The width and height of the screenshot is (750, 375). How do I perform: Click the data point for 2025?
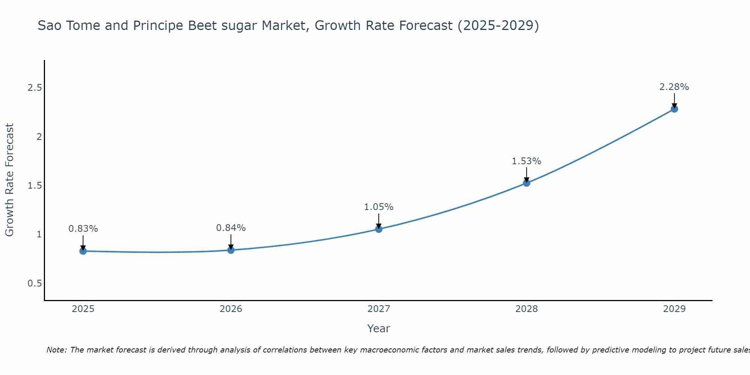coord(83,251)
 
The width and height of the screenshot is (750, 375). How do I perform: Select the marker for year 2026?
coord(231,250)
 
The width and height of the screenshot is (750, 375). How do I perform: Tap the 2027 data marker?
coord(379,229)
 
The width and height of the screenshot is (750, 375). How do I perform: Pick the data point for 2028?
coord(526,183)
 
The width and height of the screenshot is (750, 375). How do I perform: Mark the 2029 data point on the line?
coord(674,109)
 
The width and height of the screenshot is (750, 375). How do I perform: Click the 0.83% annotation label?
coord(83,228)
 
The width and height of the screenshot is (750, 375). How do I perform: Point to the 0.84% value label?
coord(231,228)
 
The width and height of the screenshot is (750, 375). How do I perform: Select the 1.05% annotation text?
coord(379,207)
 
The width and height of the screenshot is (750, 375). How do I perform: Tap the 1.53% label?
coord(526,161)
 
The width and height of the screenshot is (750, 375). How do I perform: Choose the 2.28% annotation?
coord(674,87)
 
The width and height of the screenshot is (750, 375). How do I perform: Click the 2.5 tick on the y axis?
coord(34,88)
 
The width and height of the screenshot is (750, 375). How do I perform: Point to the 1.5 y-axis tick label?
coord(34,186)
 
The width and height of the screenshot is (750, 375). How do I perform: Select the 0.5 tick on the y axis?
coord(34,283)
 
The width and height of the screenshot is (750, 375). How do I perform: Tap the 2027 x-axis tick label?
coord(379,309)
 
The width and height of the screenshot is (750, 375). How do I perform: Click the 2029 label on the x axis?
coord(674,309)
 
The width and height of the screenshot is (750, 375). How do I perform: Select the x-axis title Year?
coord(379,328)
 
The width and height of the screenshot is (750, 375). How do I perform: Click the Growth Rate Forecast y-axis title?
coord(10,180)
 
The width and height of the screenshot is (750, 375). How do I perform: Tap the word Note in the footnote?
coord(56,350)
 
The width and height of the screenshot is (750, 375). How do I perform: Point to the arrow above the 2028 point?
coord(526,174)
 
